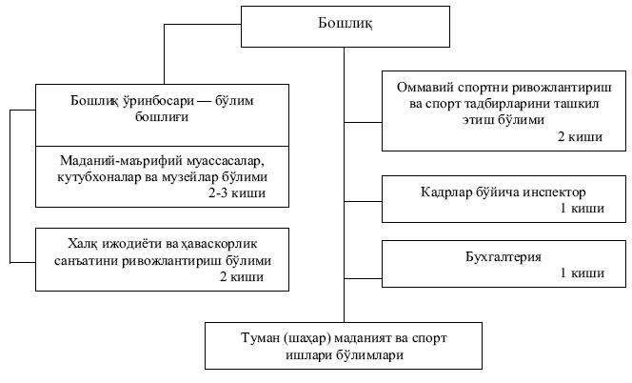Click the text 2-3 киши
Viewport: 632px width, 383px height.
(x=239, y=193)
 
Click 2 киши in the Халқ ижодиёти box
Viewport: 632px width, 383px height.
(x=241, y=277)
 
